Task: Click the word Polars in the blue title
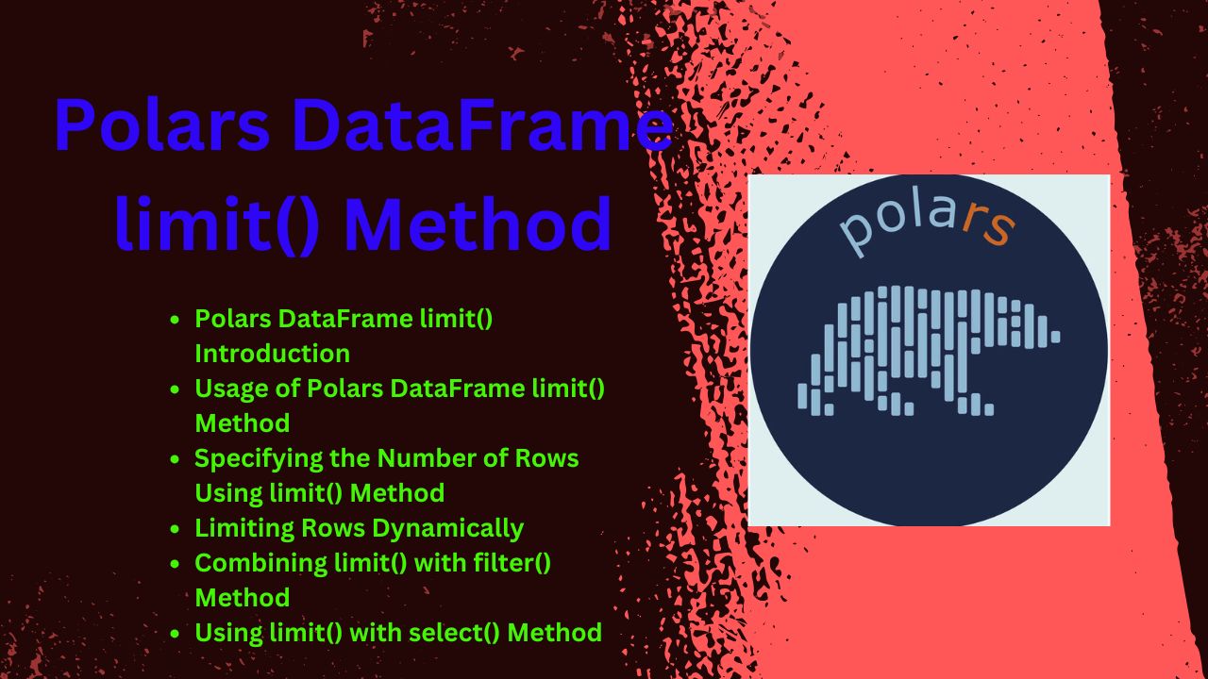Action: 161,125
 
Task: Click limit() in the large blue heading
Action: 217,224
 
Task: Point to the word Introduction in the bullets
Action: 273,354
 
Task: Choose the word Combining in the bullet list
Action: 260,564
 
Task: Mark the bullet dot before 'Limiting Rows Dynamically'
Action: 175,529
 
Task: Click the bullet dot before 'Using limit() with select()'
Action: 175,634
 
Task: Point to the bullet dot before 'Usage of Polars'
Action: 175,389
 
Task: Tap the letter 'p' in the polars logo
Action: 858,234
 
